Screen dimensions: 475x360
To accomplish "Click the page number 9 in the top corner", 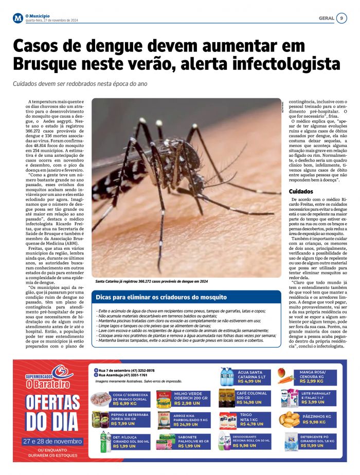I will [x=342, y=18].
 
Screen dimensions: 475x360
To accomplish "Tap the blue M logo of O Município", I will [x=18, y=19].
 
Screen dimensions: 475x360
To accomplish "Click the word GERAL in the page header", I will [x=326, y=18].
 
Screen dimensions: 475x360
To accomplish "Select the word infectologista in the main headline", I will [x=287, y=64].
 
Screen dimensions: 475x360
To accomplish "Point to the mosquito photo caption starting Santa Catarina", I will [x=152, y=282].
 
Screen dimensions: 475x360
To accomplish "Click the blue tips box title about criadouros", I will [x=161, y=297].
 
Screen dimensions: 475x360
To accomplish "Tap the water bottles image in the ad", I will [x=227, y=377].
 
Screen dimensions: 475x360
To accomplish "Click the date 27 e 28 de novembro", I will [x=52, y=442].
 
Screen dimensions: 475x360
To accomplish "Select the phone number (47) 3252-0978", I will [x=140, y=370].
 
